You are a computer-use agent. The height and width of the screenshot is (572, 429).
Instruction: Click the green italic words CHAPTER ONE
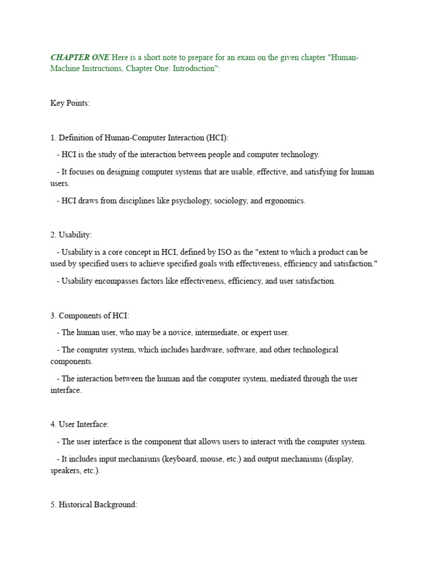tap(80, 58)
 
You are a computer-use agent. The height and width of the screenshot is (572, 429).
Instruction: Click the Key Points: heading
tap(70, 103)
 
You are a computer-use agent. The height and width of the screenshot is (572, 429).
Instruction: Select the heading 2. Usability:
tap(71, 235)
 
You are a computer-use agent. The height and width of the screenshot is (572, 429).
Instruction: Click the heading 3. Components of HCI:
tap(89, 316)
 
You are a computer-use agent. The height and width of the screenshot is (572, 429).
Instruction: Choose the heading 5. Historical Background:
tap(93, 504)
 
